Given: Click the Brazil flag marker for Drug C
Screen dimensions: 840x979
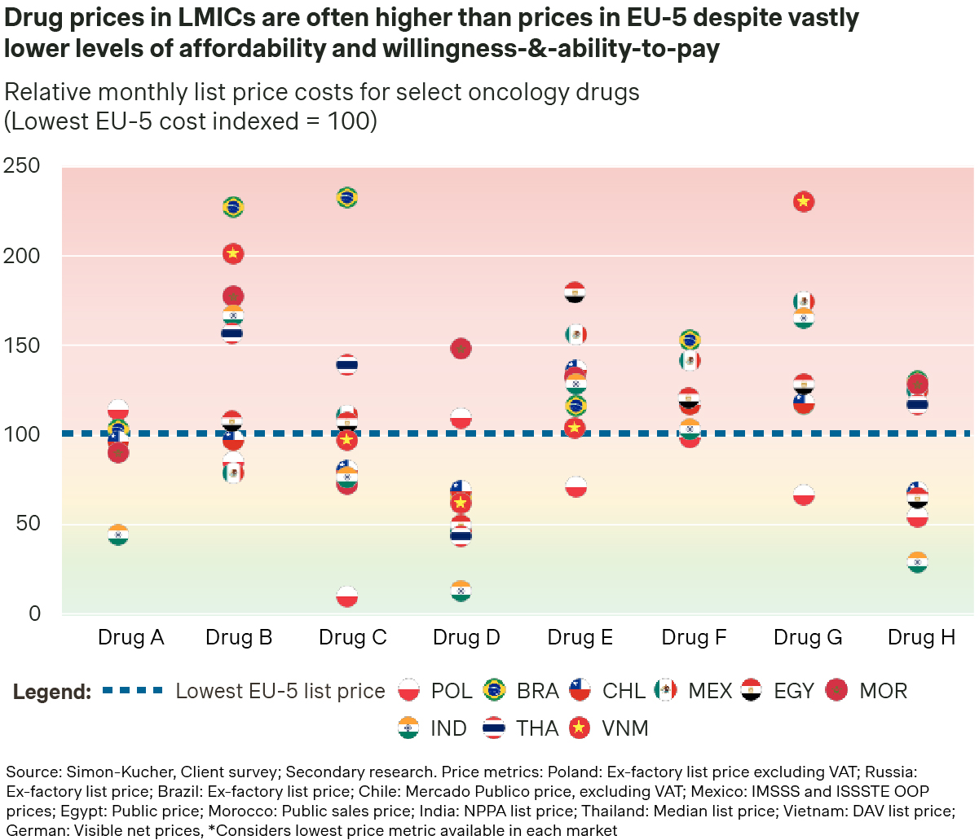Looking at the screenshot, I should coord(346,197).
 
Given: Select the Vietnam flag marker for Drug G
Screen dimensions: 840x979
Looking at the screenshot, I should coord(804,201).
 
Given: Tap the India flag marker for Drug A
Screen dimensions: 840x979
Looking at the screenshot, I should coord(118,535).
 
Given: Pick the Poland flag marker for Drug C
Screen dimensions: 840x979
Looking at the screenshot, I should coord(346,596).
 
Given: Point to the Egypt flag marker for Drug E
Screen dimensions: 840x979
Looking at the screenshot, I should coord(575,293).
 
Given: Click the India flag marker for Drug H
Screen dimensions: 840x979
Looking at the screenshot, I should coord(918,563).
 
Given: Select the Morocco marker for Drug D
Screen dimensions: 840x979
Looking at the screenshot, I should coord(461,349).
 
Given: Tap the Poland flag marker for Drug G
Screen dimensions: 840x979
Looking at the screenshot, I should coord(804,495).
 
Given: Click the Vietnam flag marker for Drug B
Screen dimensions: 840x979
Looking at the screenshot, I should coord(233,253).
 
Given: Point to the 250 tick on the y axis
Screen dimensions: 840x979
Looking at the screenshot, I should coord(22,166).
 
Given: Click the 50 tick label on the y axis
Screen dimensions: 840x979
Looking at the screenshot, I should coord(28,524).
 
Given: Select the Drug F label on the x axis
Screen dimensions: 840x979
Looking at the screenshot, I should coord(694,637).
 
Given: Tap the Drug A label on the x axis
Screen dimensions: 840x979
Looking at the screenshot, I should coord(130,637).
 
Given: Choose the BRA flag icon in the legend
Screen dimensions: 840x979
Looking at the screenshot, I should coord(493,691).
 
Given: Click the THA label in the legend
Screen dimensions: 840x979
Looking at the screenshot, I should coord(537,728).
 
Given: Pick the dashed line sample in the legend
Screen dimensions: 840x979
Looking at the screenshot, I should coord(133,691).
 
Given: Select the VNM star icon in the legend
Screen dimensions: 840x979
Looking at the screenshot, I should coord(580,728).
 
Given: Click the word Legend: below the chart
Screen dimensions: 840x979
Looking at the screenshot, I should coord(51,692).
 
